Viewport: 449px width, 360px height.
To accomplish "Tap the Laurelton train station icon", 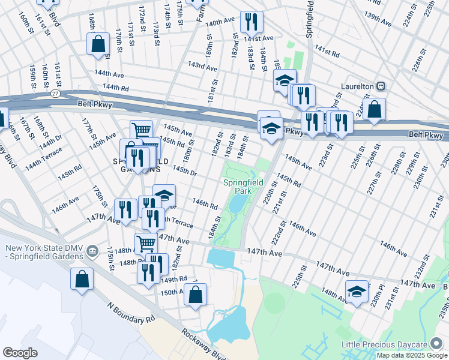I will click(380, 86).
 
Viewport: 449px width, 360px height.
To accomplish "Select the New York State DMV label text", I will click(43, 253).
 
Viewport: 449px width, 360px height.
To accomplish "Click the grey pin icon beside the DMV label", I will click(92, 250).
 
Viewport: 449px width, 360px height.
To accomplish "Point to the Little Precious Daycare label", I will click(392, 344).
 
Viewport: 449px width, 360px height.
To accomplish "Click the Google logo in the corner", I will click(20, 353).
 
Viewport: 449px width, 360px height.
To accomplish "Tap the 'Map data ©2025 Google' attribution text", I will click(412, 355).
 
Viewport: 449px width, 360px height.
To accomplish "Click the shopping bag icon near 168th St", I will click(97, 44).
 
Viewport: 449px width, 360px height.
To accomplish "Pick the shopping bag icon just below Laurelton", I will click(374, 110).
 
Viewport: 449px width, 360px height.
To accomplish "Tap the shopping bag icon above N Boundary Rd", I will click(82, 279).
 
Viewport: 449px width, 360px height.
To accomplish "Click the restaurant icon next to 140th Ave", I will click(251, 22).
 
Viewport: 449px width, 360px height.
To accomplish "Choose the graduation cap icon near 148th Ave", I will click(357, 292).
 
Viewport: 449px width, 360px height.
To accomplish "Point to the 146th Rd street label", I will click(205, 205).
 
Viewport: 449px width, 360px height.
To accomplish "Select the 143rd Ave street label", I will click(202, 65).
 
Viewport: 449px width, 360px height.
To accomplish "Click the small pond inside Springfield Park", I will click(237, 205).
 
